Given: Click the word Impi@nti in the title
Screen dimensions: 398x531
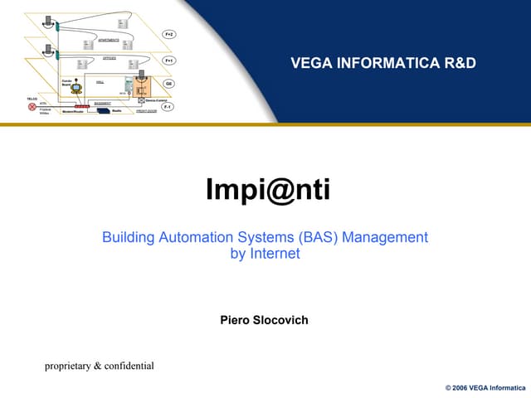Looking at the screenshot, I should (267, 191).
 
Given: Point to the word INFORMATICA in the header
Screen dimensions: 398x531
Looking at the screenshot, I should (387, 63).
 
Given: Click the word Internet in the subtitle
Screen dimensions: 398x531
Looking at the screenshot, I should (275, 255).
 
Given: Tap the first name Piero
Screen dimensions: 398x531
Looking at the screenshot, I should (236, 320).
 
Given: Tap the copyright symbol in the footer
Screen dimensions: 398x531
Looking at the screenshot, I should (449, 387).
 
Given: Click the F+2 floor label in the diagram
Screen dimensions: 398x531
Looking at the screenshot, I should (168, 34).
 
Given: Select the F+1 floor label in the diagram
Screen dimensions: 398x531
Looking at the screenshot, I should (168, 61).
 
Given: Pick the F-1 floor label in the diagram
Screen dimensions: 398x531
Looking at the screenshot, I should (168, 107).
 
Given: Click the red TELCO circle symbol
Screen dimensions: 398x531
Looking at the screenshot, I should (32, 108).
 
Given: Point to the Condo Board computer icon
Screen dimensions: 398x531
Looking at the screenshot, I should (76, 87).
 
